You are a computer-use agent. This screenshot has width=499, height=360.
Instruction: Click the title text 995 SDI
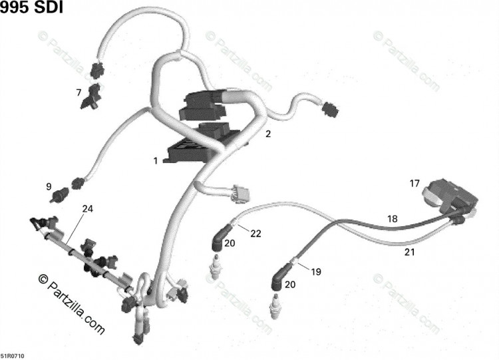[31, 7]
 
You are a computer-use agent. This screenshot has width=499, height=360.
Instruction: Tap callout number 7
[79, 92]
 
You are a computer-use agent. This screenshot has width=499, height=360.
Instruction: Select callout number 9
[49, 186]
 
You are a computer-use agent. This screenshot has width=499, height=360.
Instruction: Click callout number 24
[88, 209]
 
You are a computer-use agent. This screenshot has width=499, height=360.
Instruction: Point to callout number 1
[156, 161]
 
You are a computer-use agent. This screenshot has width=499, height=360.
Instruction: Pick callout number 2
[268, 134]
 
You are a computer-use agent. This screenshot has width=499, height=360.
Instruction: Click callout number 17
[415, 184]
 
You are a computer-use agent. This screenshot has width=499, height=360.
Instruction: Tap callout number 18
[393, 219]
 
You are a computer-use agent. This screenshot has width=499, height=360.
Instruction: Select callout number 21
[410, 252]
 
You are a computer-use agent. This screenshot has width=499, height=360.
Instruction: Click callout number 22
[255, 234]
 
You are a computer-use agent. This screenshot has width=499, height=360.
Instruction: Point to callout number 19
[316, 272]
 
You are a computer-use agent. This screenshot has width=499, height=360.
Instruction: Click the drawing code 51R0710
[12, 356]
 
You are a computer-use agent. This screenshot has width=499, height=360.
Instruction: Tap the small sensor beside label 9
[60, 194]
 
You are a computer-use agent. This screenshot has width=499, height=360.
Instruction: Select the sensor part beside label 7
[91, 97]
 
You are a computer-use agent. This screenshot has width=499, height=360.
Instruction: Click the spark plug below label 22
[216, 267]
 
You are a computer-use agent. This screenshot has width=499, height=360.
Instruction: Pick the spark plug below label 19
[275, 306]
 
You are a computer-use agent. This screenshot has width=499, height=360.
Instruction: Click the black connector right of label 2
[331, 110]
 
